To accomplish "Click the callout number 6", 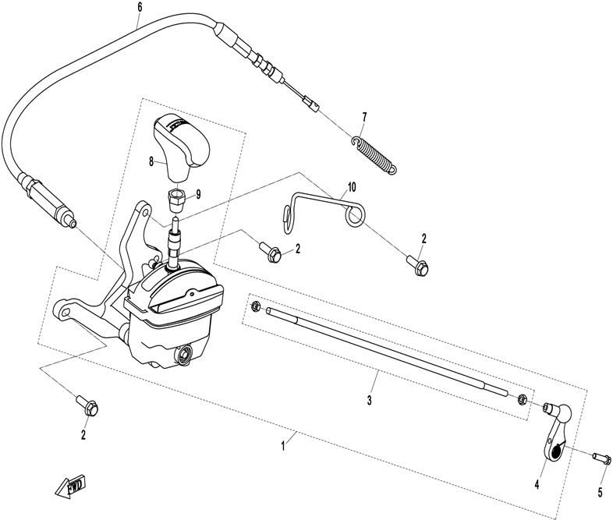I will (x=140, y=7).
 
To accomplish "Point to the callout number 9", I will (x=198, y=195).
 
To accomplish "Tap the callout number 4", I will (x=537, y=484).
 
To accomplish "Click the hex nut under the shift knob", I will (x=176, y=200).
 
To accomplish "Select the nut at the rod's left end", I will (x=255, y=306).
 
